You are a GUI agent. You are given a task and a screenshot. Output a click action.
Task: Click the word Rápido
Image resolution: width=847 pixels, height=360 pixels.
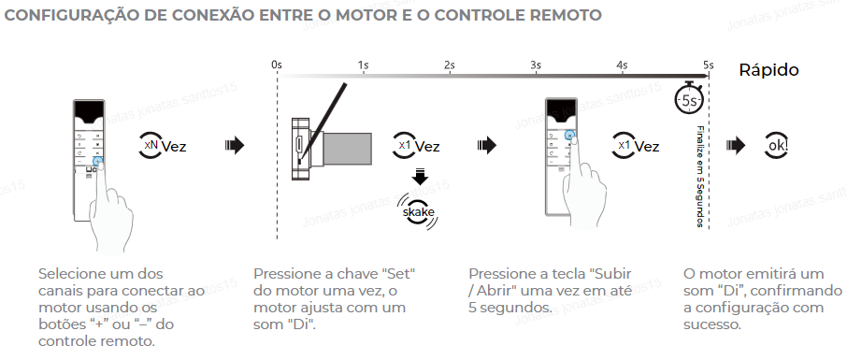point(768,70)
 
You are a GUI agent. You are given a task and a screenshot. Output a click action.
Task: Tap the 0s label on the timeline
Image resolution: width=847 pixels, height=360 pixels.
point(277,65)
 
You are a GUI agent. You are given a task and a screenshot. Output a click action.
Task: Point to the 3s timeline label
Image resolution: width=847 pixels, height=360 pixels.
point(536,65)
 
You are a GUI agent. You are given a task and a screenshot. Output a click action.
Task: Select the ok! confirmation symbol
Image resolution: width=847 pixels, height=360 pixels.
point(776,146)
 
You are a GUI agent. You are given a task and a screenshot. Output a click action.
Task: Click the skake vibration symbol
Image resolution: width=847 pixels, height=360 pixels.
point(419,211)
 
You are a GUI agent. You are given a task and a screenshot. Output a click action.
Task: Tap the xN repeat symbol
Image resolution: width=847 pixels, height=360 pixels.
point(151,145)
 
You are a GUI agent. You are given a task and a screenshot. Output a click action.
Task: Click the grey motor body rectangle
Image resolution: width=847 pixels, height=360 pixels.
point(347,149)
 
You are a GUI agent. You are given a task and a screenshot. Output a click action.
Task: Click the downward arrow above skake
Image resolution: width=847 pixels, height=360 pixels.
point(419,176)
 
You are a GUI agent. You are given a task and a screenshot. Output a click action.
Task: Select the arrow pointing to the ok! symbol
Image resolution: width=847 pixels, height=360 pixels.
point(735,146)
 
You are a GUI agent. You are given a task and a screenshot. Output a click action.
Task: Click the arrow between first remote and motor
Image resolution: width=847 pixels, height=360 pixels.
point(235,146)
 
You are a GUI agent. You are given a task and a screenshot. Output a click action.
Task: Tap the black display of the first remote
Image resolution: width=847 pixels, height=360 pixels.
point(89,112)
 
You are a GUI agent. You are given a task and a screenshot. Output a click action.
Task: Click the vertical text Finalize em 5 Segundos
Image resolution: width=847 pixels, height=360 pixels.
point(700,177)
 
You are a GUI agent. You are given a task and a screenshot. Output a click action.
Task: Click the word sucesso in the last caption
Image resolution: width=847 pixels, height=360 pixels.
point(712,324)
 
